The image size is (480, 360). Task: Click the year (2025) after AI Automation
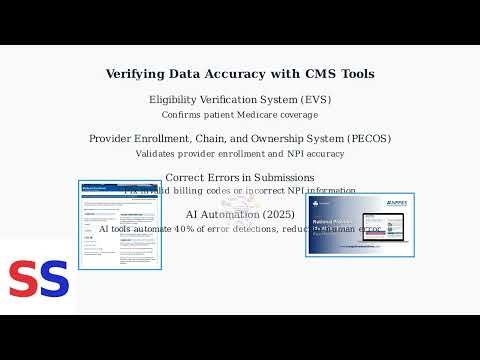[x=276, y=214]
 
